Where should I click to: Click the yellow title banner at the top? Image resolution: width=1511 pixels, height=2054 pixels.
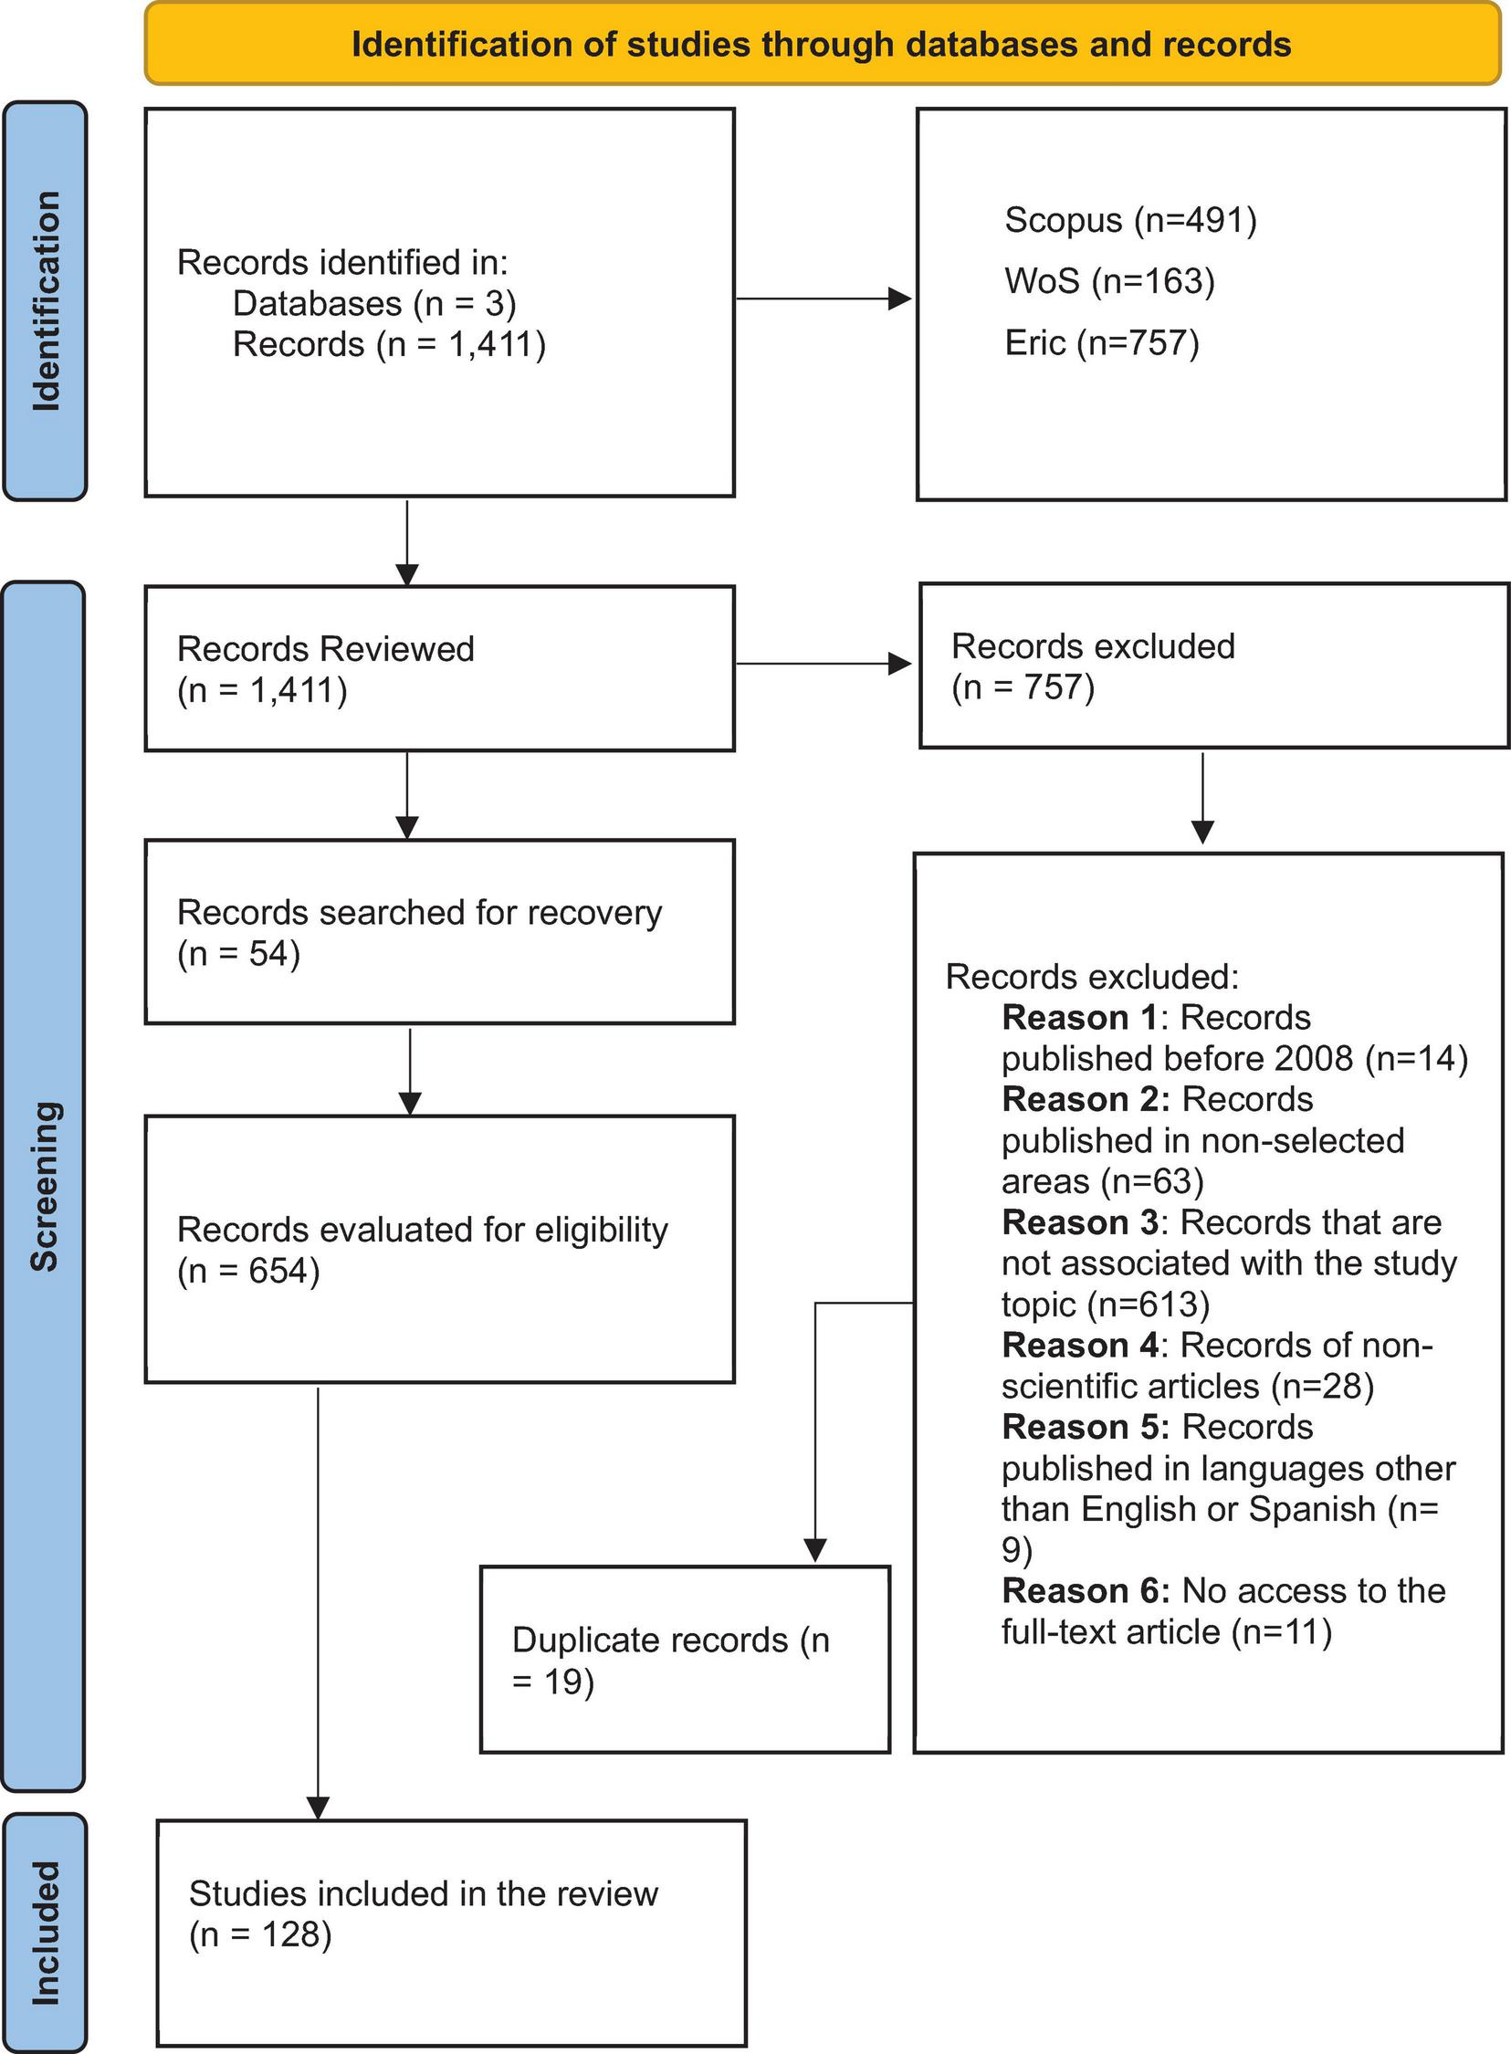822,44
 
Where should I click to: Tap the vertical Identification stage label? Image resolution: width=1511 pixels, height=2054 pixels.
45,301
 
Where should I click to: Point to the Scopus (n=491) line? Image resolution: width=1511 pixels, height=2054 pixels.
1129,220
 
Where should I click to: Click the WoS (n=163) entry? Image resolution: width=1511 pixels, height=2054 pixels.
1108,281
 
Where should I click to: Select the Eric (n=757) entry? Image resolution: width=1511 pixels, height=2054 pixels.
1101,343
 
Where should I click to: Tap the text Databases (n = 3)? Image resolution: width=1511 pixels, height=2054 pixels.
374,304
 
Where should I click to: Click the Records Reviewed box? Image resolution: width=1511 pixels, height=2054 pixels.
439,668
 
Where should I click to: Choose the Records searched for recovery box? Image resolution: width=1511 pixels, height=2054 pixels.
439,931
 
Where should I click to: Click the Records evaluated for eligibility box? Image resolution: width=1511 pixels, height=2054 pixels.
439,1248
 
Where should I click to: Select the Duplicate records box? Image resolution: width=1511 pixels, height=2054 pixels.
684,1659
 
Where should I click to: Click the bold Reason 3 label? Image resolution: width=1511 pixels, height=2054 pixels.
1079,1222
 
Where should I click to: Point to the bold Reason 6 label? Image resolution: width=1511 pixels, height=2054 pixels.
1085,1591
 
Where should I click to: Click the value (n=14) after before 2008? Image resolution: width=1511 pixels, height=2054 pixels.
1416,1059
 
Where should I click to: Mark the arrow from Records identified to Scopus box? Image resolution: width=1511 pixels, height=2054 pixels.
824,299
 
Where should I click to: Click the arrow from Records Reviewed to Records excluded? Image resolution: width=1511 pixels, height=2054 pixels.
824,664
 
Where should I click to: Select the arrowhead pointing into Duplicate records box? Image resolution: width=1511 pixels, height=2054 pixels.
815,1549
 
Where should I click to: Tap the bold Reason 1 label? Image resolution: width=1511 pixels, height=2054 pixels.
1079,1018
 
